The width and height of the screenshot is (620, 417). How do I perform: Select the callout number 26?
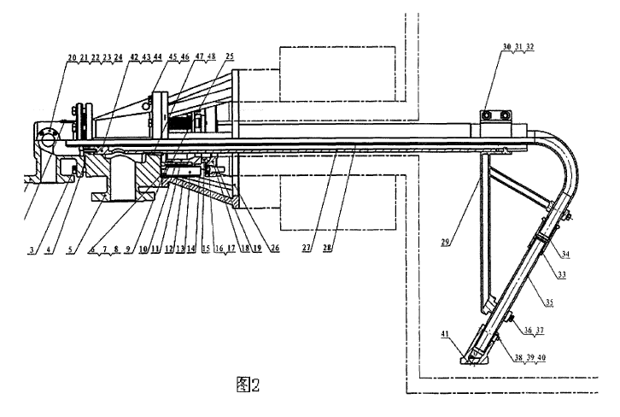coord(274,250)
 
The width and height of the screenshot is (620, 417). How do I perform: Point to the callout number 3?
coord(31,250)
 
